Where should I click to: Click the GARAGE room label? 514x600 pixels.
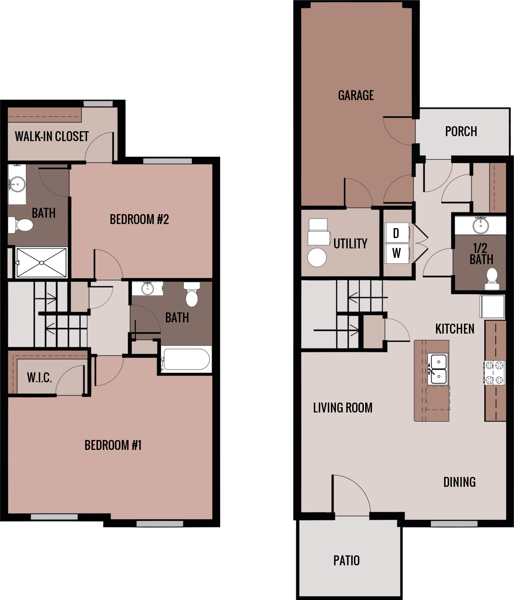[356, 95]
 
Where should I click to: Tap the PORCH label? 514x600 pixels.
[461, 131]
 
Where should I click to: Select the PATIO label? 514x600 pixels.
[346, 560]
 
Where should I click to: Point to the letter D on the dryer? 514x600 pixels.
[396, 233]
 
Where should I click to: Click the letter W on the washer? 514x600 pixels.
[396, 253]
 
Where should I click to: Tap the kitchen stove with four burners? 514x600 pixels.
[495, 373]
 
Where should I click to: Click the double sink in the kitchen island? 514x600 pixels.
[438, 369]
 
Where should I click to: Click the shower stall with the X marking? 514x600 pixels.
[41, 262]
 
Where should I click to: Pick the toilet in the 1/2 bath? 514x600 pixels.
[491, 279]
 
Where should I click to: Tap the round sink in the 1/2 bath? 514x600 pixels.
[481, 225]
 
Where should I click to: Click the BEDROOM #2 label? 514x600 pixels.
[139, 220]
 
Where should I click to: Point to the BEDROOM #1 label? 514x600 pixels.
[113, 445]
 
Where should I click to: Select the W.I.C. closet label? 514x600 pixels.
[39, 377]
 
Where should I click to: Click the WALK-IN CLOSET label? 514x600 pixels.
[52, 136]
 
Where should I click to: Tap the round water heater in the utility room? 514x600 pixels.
[317, 257]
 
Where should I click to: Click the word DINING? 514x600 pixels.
[459, 482]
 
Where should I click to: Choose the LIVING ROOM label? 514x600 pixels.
[343, 408]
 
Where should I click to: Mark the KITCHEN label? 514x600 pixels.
[454, 329]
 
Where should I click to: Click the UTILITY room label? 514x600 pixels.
[350, 243]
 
